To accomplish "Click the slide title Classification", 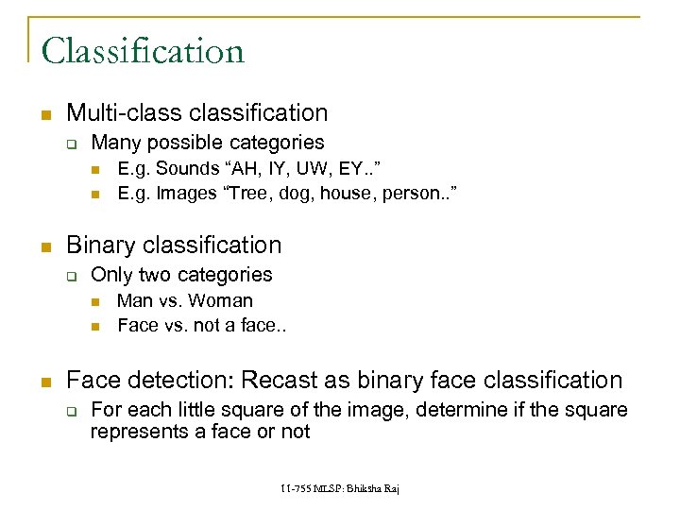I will [143, 50].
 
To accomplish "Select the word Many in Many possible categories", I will [112, 144].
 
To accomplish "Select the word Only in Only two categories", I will [111, 276].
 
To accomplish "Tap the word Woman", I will [221, 301].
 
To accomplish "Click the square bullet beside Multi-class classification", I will [43, 114].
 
